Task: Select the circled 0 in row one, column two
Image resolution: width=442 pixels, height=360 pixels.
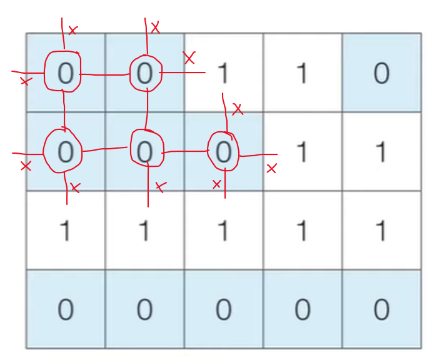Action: click(144, 74)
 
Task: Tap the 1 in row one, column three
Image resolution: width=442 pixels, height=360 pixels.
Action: click(223, 74)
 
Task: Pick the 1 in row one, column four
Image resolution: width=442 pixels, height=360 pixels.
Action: click(302, 74)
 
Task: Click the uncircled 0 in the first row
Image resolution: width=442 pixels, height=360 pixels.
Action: click(381, 74)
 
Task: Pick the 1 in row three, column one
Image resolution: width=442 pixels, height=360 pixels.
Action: click(65, 231)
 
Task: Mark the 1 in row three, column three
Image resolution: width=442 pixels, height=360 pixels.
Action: click(223, 231)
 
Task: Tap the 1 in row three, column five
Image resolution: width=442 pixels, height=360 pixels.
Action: click(381, 231)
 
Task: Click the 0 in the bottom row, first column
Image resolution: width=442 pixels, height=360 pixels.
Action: click(65, 309)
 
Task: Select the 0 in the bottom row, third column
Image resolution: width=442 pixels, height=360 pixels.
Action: click(223, 309)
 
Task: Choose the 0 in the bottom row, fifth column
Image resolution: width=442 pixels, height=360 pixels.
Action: click(381, 309)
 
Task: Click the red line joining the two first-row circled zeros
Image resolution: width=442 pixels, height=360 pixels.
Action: click(105, 75)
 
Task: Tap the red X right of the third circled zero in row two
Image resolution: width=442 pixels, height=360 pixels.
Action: click(271, 169)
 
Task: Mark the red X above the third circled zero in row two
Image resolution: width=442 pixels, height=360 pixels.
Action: click(237, 110)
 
